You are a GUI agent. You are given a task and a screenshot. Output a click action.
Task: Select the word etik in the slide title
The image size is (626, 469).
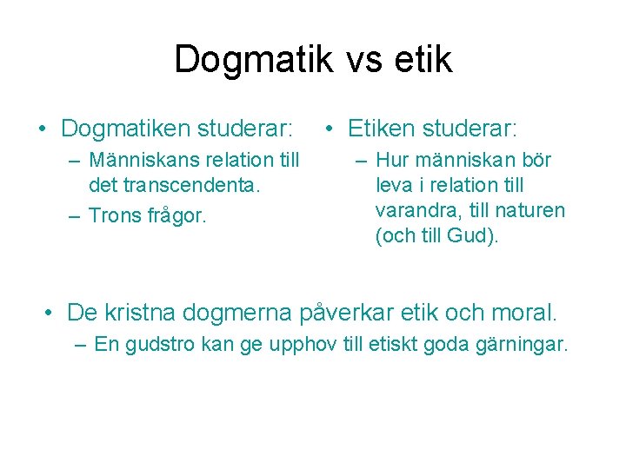pyautogui.click(x=425, y=59)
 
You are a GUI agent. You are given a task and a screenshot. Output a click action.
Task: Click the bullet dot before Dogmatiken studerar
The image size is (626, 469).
pyautogui.click(x=43, y=130)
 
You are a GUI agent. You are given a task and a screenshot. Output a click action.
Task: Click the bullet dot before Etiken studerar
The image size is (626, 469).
pyautogui.click(x=330, y=130)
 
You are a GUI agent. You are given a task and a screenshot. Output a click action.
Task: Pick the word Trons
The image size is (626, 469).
pyautogui.click(x=114, y=215)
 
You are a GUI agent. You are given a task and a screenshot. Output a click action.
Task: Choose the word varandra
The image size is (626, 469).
pyautogui.click(x=413, y=210)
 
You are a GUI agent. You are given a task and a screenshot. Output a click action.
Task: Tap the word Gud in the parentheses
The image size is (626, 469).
pyautogui.click(x=471, y=235)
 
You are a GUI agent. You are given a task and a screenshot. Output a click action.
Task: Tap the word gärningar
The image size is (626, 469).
pyautogui.click(x=522, y=345)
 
